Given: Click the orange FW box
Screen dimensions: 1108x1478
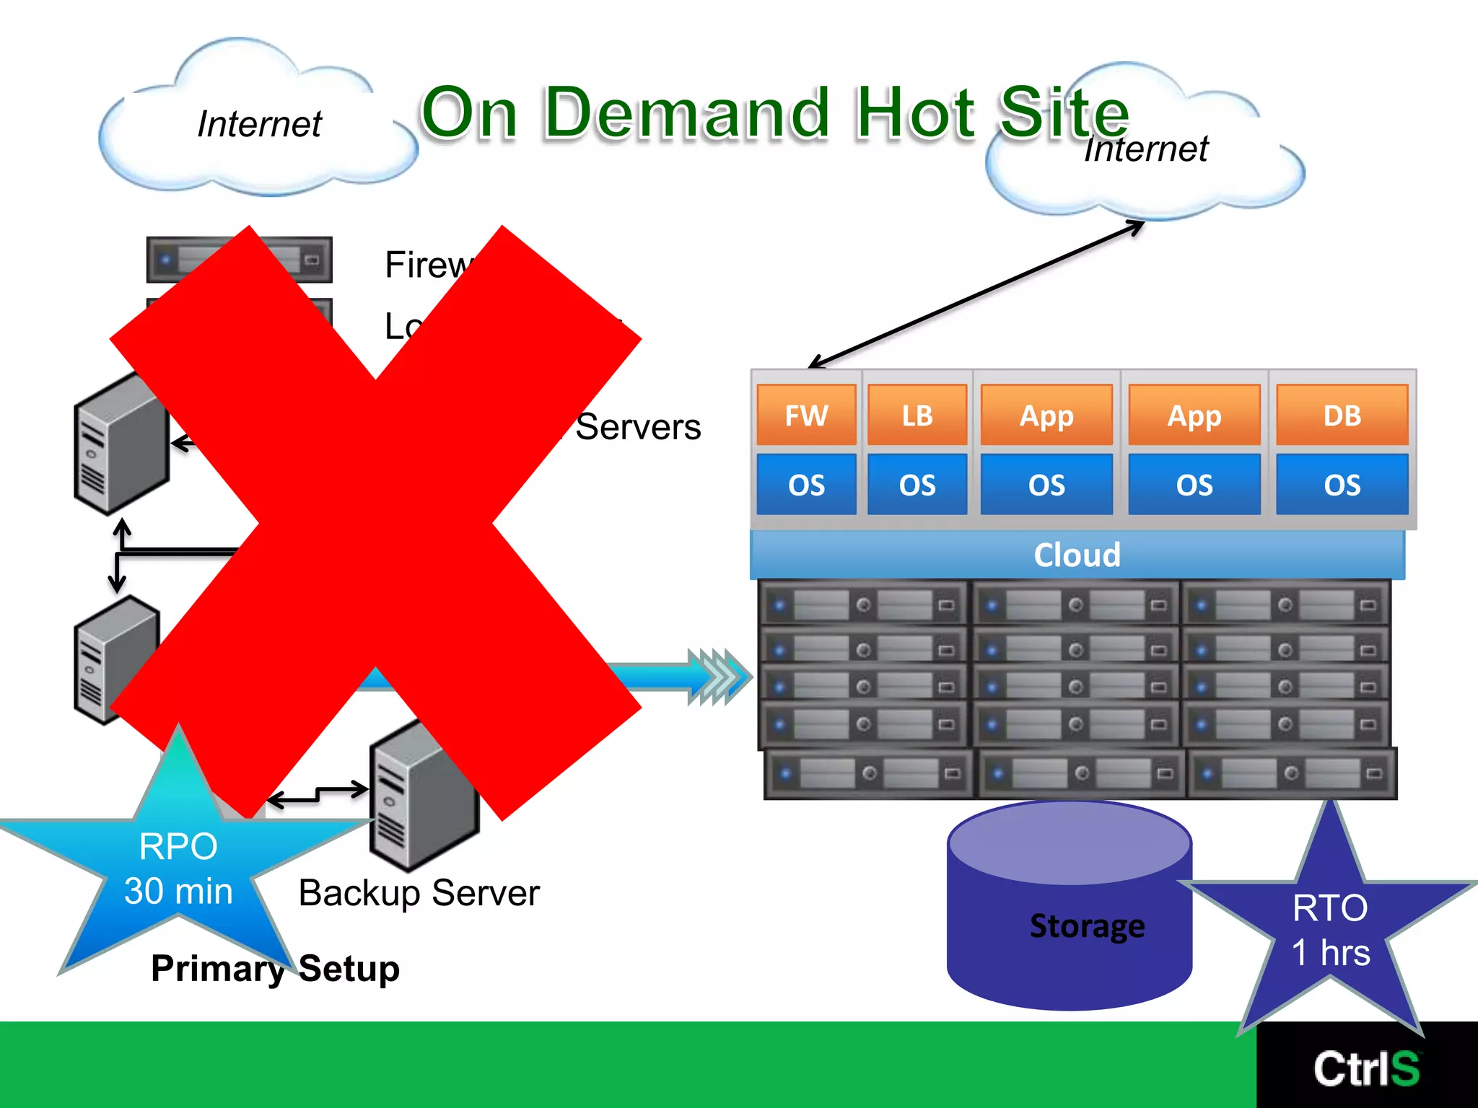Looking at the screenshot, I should (806, 415).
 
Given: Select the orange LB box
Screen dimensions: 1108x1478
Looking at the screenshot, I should (917, 415).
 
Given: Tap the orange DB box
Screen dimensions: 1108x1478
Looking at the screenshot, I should (1342, 415).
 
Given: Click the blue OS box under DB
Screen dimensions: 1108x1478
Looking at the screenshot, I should (1342, 485).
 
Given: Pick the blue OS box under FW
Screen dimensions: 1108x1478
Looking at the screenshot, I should (806, 485).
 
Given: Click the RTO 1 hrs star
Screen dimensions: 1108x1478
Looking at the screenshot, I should (1330, 931).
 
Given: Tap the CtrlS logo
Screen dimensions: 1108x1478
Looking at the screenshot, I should (1366, 1068).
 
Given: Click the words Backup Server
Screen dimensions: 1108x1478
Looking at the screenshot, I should (419, 893).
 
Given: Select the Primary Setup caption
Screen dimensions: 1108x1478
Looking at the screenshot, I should (275, 968).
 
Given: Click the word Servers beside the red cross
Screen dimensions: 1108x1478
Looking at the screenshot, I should (638, 427).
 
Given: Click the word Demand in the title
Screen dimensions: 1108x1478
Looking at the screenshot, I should (686, 113).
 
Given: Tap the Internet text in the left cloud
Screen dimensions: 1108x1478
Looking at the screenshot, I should (259, 124).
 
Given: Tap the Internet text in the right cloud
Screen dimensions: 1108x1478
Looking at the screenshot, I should (1146, 149).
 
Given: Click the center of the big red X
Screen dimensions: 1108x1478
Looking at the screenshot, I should (376, 523).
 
